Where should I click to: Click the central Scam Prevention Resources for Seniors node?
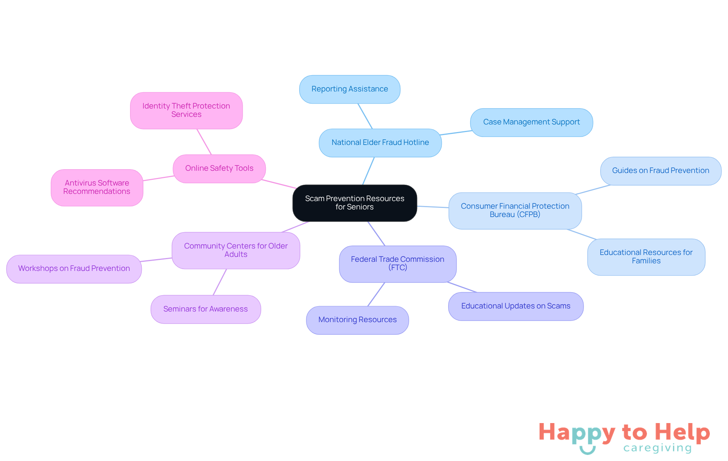355,203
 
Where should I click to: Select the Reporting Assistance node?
350,89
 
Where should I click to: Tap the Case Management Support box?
531,122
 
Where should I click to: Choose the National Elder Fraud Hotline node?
380,143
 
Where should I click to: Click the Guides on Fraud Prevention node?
661,171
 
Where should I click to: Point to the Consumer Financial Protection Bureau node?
515,211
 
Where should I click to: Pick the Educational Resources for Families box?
646,257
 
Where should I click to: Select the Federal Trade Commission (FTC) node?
398,264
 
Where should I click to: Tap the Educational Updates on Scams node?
516,306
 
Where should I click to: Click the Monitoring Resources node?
358,320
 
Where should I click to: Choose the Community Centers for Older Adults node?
236,250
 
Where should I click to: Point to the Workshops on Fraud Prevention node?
74,269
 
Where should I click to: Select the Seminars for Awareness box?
206,309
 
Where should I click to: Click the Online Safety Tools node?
219,168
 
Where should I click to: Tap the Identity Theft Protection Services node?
186,110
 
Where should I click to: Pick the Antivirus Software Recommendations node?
97,187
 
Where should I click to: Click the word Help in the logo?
682,432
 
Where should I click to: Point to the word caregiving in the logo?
657,448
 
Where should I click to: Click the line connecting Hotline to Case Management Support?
456,133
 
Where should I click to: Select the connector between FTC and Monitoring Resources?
376,294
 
